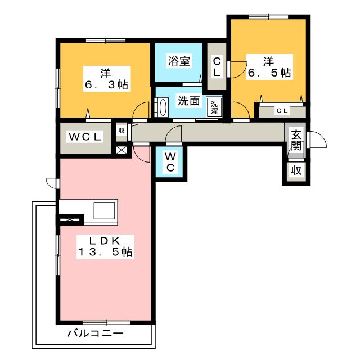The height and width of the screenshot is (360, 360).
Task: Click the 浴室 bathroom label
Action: point(179,61)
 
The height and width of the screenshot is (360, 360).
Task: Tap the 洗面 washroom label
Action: point(189,101)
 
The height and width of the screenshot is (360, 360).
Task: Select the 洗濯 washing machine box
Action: point(214,107)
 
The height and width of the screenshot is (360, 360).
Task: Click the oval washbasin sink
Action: point(163,107)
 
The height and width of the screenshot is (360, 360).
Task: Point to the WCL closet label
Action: point(85,137)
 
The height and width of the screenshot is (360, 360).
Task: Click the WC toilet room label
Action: point(170,163)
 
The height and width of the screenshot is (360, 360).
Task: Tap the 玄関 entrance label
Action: point(296,140)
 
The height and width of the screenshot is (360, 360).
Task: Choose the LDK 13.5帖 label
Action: point(105,246)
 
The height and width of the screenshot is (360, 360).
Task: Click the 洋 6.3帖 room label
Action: point(106,79)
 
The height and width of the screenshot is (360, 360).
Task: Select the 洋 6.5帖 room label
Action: point(269,67)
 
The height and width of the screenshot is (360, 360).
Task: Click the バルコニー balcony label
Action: point(95,333)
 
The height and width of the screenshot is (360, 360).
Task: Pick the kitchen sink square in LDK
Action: point(104,210)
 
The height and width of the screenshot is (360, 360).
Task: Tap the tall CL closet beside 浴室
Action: point(217,66)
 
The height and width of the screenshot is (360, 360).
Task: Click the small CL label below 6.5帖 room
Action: point(282,111)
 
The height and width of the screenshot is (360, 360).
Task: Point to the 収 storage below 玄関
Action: point(296,170)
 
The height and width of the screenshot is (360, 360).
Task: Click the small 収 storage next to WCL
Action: point(121,130)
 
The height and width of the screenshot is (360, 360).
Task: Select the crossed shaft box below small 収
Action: point(121,150)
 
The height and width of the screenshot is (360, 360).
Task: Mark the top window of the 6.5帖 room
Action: point(268,16)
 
